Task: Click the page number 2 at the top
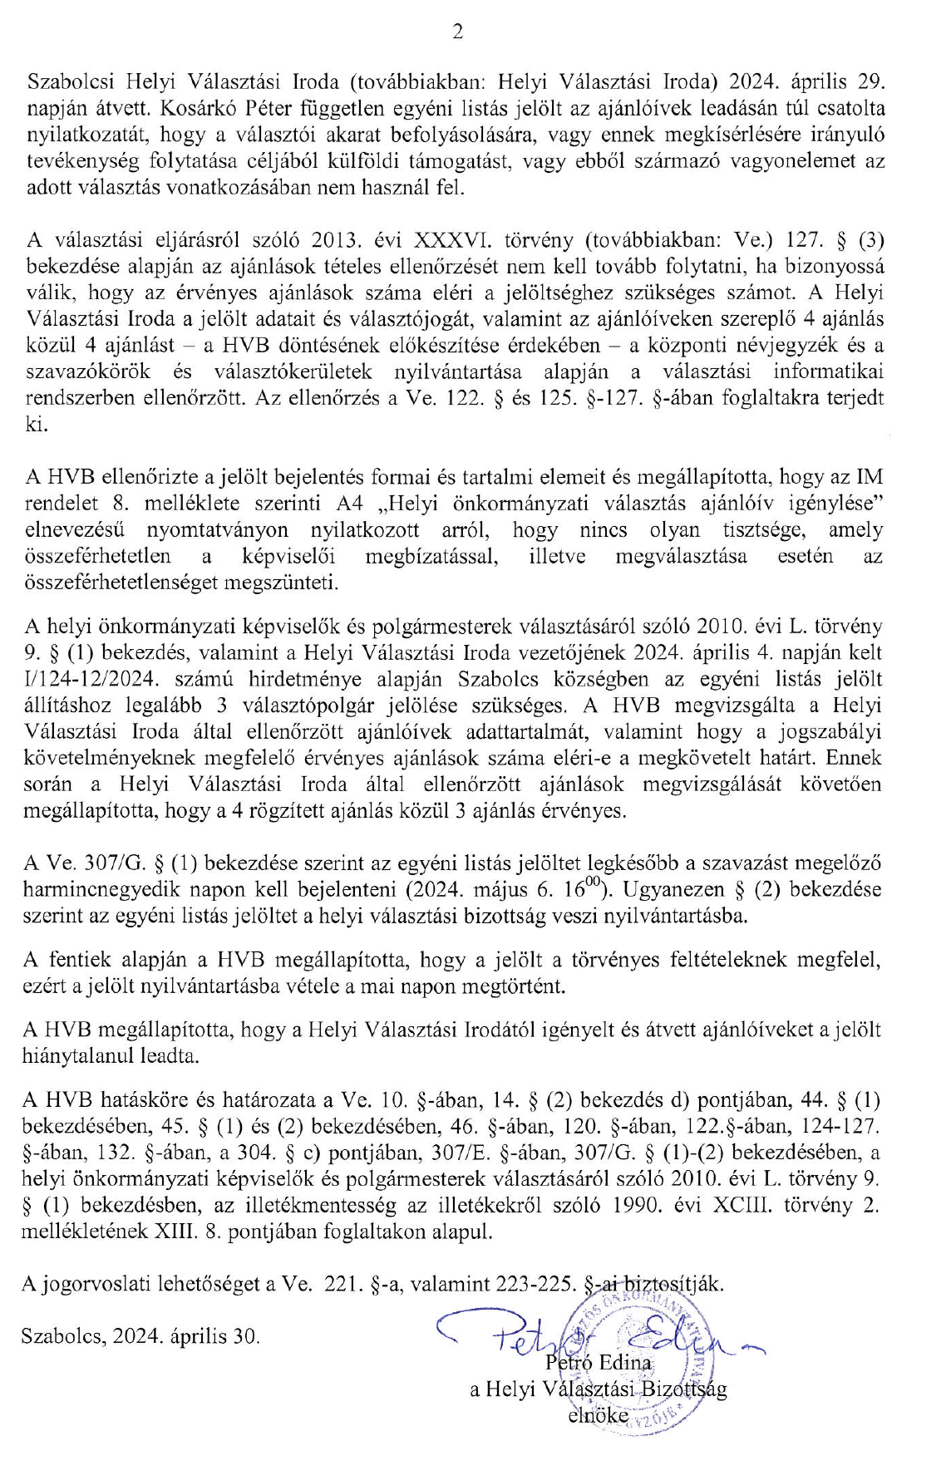coord(456,32)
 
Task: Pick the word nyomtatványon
coord(218,530)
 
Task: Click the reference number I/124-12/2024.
coord(91,679)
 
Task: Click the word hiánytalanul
coord(86,1057)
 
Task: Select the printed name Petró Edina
coord(599,1362)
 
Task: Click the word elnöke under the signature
coord(598,1415)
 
